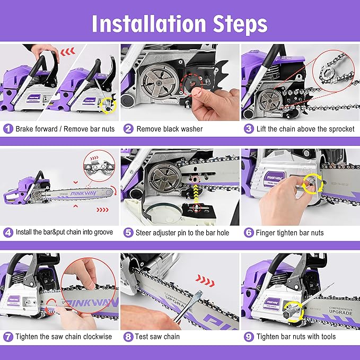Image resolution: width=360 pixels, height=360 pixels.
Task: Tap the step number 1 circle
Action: tap(8, 129)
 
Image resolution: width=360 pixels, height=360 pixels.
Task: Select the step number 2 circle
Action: tap(128, 129)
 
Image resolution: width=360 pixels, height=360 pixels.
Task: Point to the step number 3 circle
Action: tap(248, 129)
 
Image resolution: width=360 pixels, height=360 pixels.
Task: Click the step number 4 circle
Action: tap(8, 233)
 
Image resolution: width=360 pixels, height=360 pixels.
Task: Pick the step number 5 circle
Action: tap(128, 233)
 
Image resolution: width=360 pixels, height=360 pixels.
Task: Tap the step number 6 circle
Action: tap(248, 233)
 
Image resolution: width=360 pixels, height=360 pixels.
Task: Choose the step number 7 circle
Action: tap(8, 337)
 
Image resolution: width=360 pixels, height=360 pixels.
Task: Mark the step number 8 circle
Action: tap(128, 337)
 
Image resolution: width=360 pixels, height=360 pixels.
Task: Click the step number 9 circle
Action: tap(248, 337)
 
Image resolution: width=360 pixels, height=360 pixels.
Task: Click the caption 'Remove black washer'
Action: tap(170, 129)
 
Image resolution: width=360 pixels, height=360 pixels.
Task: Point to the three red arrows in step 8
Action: tap(205, 277)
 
